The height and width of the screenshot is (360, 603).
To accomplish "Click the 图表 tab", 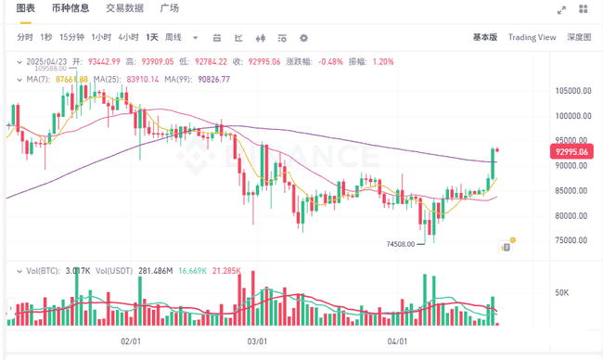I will coord(26,8).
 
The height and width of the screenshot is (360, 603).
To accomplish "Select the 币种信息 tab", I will coord(70,8).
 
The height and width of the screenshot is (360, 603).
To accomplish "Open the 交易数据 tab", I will coord(124,8).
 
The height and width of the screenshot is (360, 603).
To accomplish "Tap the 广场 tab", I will coord(170,8).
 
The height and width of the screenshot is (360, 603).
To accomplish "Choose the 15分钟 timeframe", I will coord(71,37).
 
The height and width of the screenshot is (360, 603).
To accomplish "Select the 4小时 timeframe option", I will coord(127,37).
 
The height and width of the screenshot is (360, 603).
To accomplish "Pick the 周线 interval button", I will coord(173,37).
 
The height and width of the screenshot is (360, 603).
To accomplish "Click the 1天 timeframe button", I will coord(151,37).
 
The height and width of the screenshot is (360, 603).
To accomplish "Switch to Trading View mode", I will coord(532,37).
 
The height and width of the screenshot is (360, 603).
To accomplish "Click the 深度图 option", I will coord(579,37).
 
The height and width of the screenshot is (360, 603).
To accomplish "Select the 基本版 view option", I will coord(484,37).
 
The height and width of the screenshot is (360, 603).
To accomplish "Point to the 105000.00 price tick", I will coord(574,91).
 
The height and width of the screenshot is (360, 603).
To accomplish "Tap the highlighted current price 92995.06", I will coord(572,150).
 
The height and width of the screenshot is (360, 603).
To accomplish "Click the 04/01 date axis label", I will coord(397,341).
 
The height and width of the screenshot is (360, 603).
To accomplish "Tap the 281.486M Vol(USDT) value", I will coord(163,271).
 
